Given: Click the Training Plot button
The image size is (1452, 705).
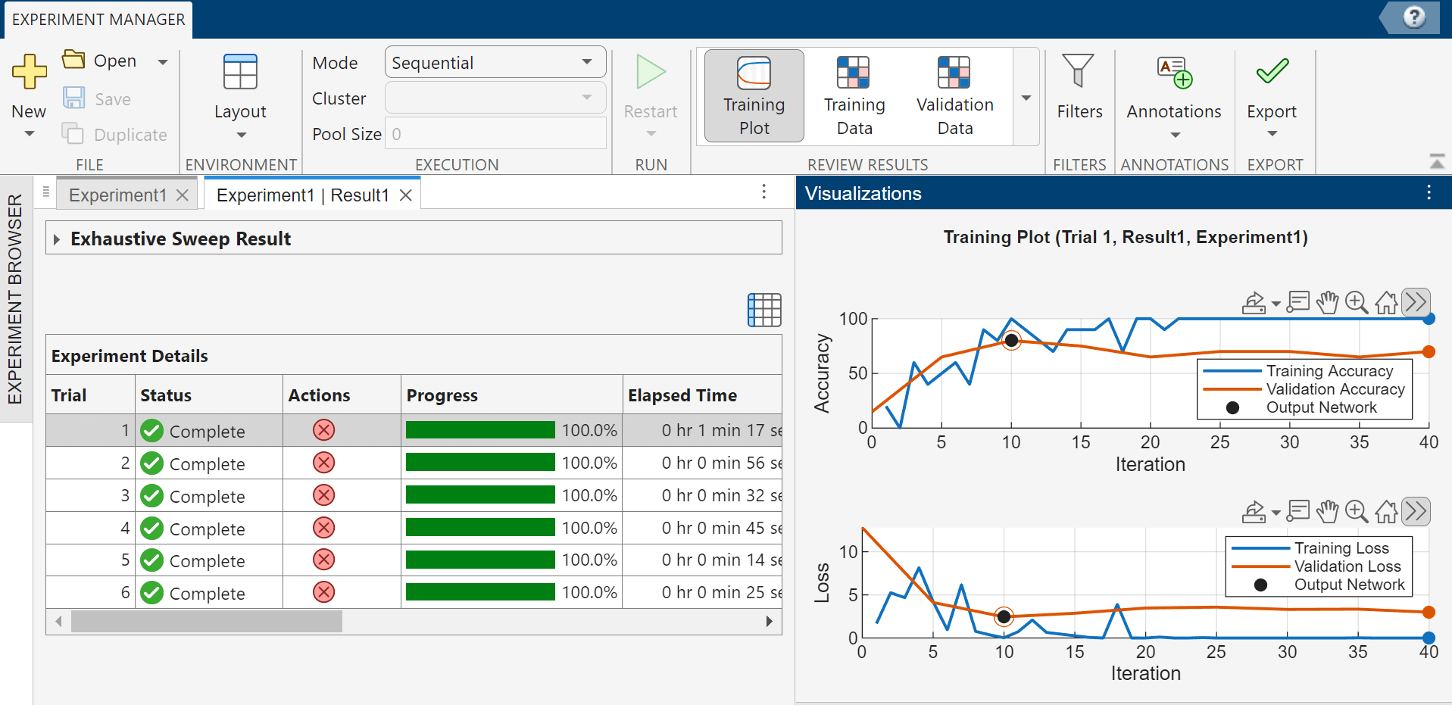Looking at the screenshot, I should [x=754, y=95].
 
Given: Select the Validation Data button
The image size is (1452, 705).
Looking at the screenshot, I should [x=954, y=95].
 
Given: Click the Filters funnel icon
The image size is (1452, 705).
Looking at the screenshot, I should [x=1078, y=71].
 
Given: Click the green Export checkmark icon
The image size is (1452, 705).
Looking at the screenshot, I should [x=1272, y=71].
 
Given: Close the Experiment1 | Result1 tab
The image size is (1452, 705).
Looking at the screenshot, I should [x=406, y=195].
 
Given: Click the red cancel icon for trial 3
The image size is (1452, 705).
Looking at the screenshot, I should [x=323, y=495].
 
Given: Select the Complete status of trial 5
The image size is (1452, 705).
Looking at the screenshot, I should [x=206, y=561].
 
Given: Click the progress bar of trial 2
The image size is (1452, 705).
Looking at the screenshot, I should [x=480, y=463].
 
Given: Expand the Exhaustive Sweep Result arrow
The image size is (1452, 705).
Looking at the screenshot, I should [x=57, y=239].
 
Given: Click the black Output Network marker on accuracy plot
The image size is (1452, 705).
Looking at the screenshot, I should [x=1011, y=341].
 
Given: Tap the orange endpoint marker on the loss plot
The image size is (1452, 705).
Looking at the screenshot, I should [x=1429, y=612].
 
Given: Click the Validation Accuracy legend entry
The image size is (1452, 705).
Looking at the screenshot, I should [x=1335, y=389].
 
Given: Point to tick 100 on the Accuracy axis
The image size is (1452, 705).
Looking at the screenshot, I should [x=853, y=319].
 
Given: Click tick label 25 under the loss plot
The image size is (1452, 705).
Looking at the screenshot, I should [x=1216, y=652].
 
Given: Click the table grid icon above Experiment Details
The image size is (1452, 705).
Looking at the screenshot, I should [x=764, y=310].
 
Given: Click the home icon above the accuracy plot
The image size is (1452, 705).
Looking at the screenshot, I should [x=1386, y=303].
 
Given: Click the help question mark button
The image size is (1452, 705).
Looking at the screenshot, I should [x=1413, y=17].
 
